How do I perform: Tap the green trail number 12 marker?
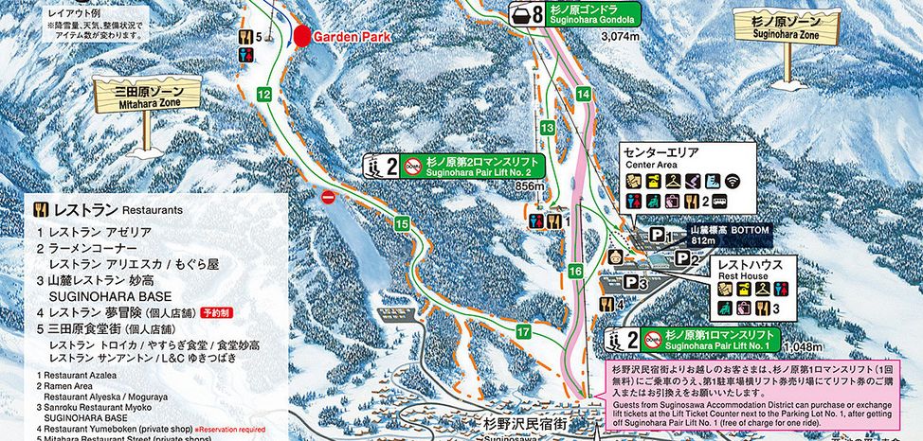click(x=264, y=94)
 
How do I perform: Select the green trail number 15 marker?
click(x=402, y=223)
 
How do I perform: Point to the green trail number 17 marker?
click(x=523, y=331)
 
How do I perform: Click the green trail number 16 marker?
click(x=575, y=272)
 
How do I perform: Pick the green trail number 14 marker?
click(x=583, y=94)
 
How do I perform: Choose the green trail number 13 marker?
click(x=547, y=127)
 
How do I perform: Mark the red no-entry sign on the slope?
click(x=329, y=197)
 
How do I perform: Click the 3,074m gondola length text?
click(x=621, y=36)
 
